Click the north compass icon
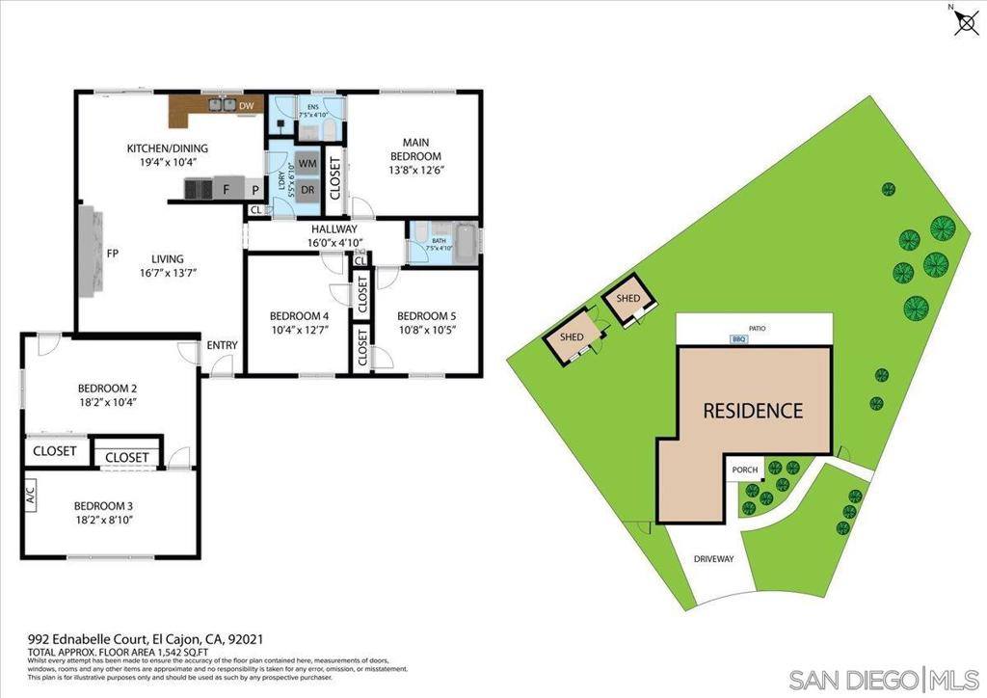tap(964, 21)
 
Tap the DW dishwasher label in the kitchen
tap(247, 105)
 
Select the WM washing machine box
tap(307, 163)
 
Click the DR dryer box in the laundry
tap(307, 190)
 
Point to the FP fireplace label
tap(112, 255)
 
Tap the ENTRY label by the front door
tap(224, 346)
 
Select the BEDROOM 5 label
tap(427, 315)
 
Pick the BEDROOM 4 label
tap(299, 315)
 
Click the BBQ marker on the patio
tap(739, 339)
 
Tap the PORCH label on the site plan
tap(745, 470)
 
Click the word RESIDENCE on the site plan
tap(752, 411)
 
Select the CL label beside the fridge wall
tap(255, 210)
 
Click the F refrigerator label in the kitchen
tap(227, 190)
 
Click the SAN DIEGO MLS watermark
tap(884, 679)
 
